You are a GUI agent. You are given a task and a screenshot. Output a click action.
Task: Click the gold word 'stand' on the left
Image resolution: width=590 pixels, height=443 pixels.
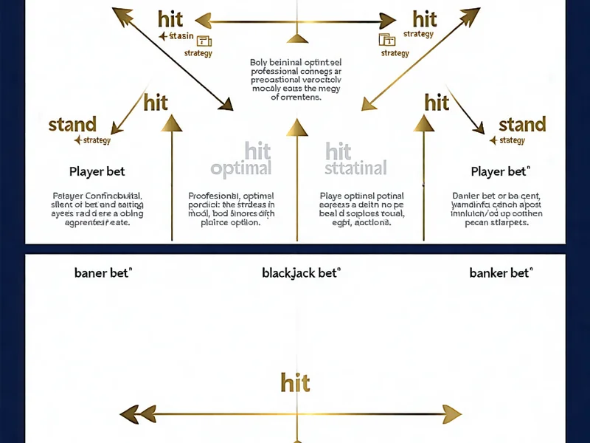coord(72,124)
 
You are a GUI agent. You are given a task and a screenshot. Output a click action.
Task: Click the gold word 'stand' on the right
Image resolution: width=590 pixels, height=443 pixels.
coord(522,124)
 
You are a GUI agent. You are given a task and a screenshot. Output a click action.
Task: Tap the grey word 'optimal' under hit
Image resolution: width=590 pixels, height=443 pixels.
coord(241,169)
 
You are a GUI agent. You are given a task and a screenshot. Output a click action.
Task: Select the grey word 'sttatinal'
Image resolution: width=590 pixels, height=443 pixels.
coord(356,169)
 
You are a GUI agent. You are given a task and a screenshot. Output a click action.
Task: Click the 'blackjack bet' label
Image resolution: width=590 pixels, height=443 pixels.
coord(301,273)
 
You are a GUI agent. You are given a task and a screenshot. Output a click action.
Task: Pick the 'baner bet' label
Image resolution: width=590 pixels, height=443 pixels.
coord(103,273)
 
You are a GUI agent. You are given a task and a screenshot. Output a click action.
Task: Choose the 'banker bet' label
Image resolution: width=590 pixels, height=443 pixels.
coord(500,273)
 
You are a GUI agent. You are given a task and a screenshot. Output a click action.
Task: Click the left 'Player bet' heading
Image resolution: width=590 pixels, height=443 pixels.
coord(97,172)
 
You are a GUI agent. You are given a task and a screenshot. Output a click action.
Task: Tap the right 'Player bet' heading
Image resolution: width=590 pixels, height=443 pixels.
coord(500,172)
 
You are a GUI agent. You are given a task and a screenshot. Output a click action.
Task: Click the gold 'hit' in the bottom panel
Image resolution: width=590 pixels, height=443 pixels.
coord(295,382)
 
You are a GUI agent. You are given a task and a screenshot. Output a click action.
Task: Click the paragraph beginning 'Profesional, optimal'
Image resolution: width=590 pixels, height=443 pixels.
coord(232,209)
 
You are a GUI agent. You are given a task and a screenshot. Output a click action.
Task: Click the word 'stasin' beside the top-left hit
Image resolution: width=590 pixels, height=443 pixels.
coord(181,37)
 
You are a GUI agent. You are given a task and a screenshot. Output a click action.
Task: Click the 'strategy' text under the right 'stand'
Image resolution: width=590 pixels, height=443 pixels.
coord(512,141)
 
